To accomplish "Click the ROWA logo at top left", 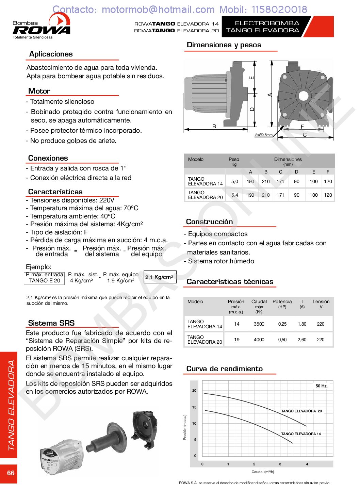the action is (41, 26).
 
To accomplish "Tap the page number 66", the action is (11, 473).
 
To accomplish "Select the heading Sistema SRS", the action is (51, 323).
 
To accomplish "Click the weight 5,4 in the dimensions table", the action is (234, 195).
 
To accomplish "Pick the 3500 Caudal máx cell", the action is (259, 324).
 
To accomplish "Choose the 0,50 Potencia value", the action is (282, 340).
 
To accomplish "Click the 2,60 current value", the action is (302, 340).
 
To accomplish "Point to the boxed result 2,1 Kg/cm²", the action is (160, 277).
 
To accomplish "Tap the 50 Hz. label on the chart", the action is (321, 386).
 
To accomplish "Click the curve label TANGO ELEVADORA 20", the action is (301, 411).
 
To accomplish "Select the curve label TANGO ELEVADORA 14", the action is (301, 434).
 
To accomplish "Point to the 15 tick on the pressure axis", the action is (194, 407).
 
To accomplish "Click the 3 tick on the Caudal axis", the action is (280, 464).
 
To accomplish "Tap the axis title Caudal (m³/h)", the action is (263, 472).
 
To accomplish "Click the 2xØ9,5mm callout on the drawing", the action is (264, 135).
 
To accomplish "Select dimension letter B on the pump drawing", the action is (214, 126).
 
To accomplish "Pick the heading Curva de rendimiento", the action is (224, 368).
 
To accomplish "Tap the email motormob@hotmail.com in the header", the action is (158, 9).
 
